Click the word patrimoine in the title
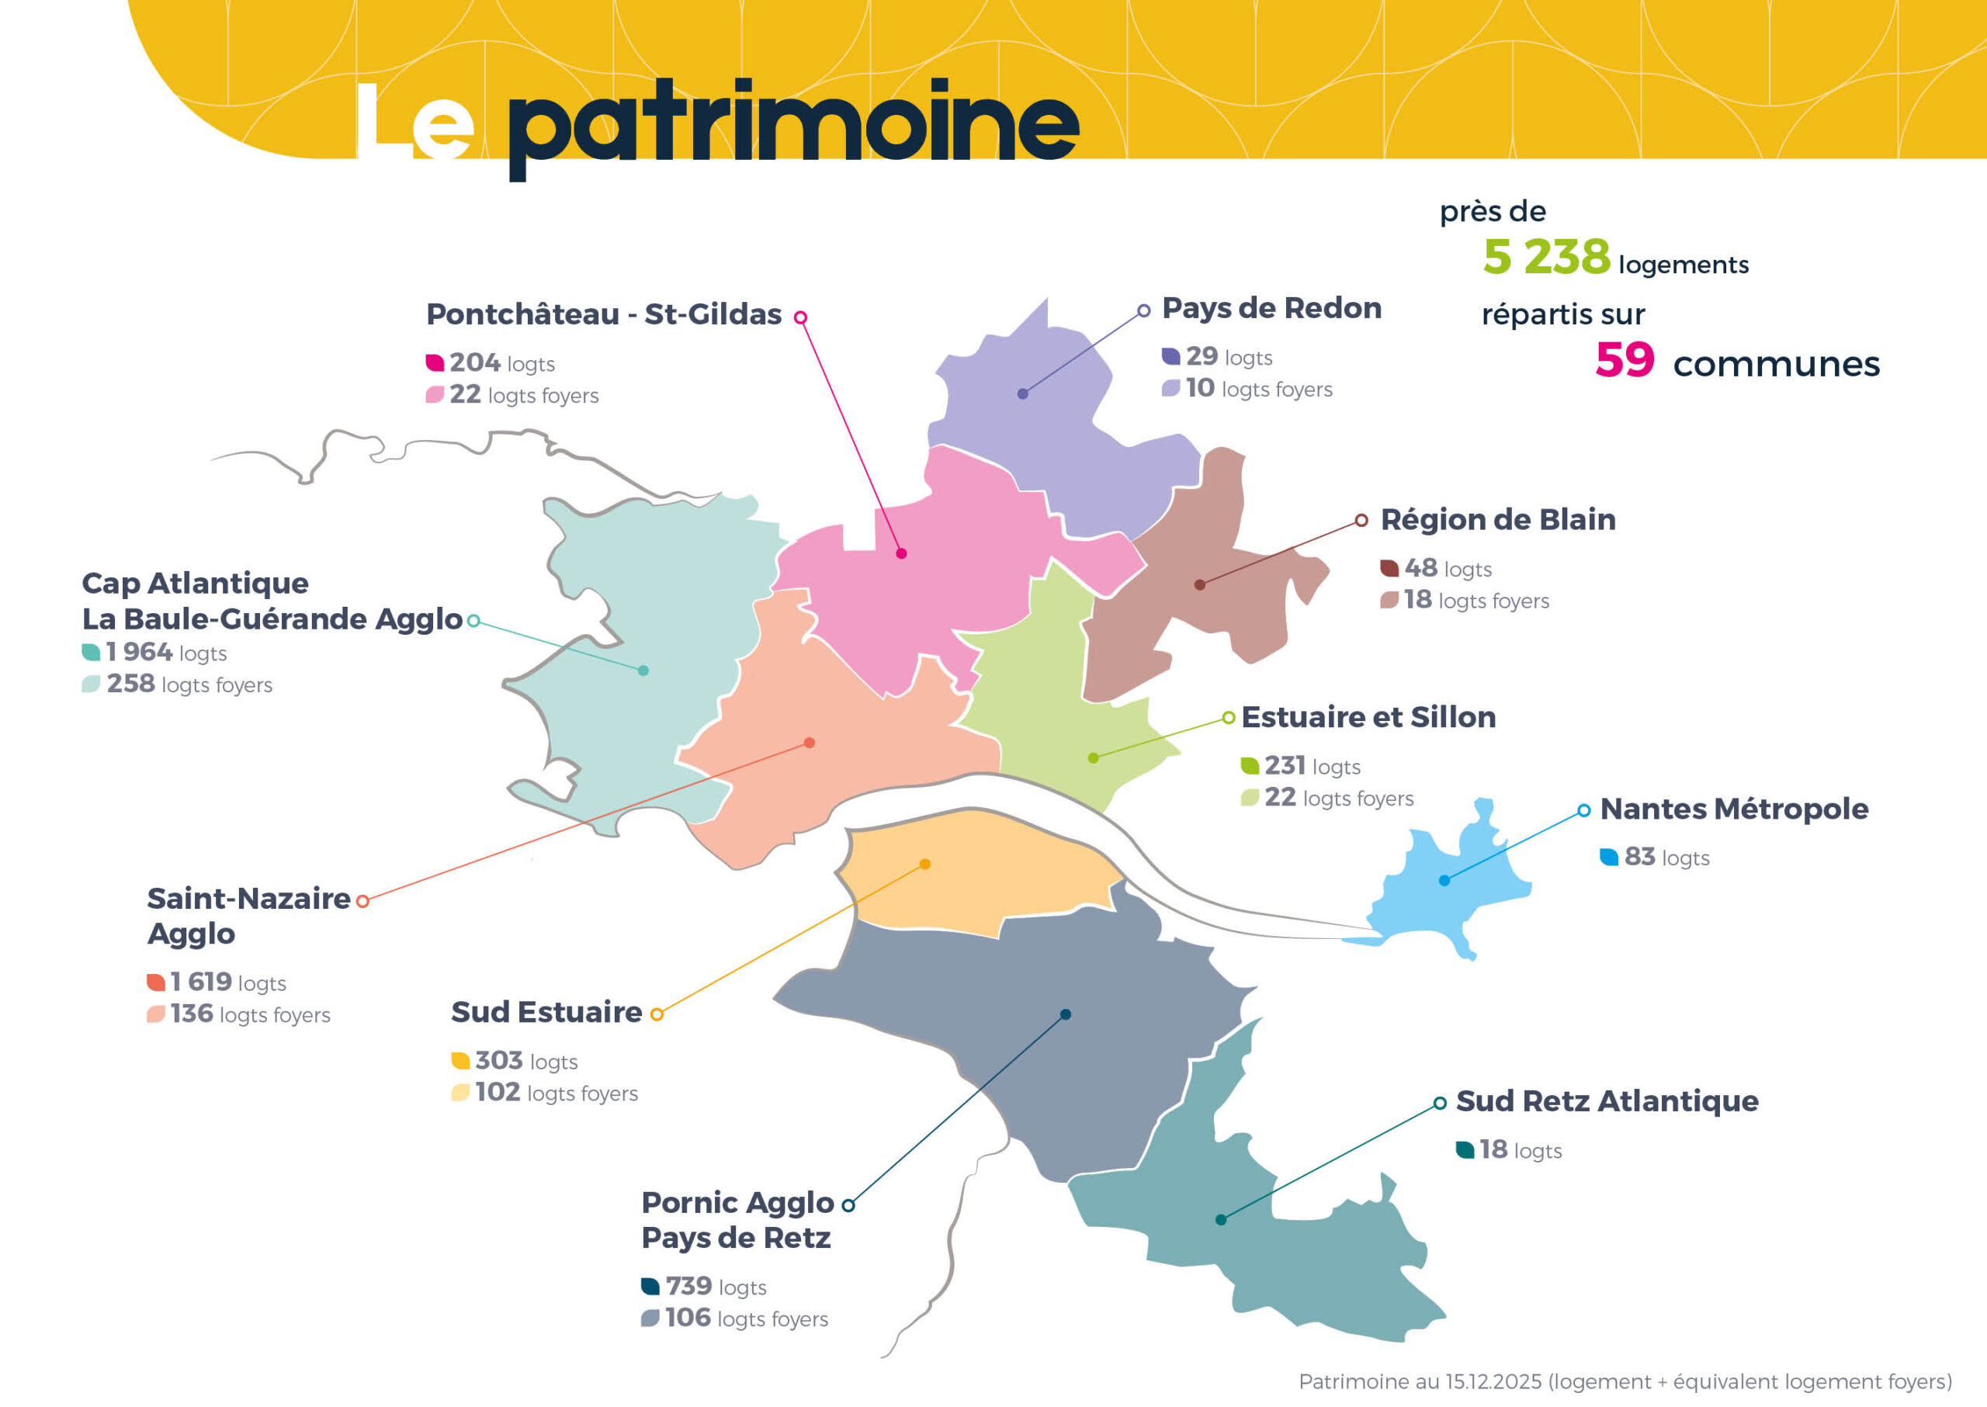point(793,126)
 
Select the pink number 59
point(1624,359)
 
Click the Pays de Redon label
point(1271,307)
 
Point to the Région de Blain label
point(1497,519)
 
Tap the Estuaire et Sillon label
point(1368,716)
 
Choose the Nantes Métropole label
point(1733,809)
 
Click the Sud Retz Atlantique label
point(1607,1100)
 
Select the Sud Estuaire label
point(546,1011)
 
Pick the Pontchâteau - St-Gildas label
point(603,314)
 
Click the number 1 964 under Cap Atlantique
point(139,652)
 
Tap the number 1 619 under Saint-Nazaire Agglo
point(201,981)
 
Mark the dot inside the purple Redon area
point(1022,393)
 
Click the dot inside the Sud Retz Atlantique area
point(1220,1220)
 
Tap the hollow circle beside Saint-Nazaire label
point(362,901)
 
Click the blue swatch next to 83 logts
point(1608,857)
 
